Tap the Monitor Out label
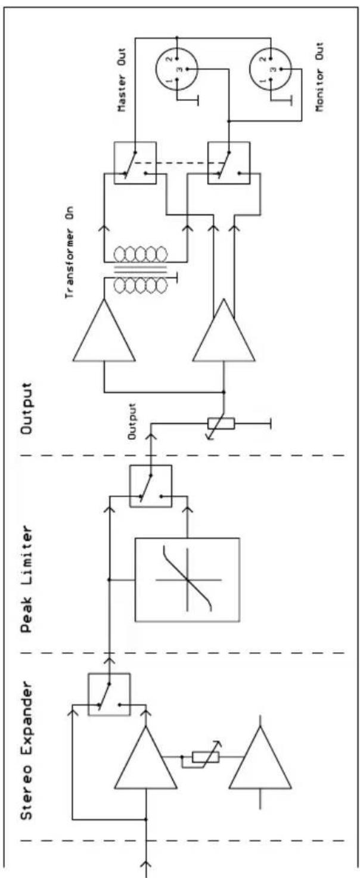point(320,77)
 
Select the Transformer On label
point(69,252)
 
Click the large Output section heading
point(26,408)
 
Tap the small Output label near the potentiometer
point(132,421)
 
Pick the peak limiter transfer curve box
point(187,580)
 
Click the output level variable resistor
point(221,424)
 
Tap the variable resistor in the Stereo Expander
point(206,757)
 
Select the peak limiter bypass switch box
point(151,486)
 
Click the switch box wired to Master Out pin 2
point(135,163)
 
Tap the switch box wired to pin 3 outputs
point(229,163)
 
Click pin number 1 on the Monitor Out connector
point(263,80)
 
